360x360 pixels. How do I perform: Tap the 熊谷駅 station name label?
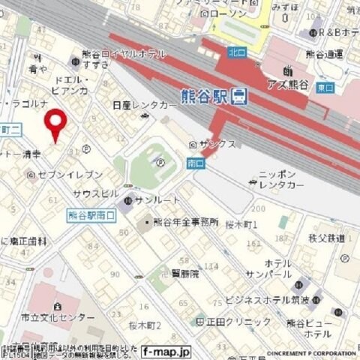[205, 96]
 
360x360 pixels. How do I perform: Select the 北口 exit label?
[235, 52]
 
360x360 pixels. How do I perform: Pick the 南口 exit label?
[193, 163]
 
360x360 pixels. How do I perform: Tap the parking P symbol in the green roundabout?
[160, 161]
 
